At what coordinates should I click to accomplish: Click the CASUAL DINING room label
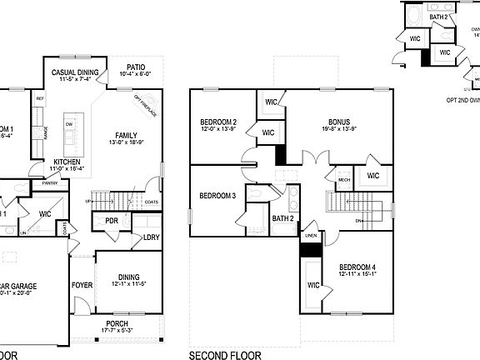(x=76, y=72)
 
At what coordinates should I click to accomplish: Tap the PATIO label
(x=137, y=67)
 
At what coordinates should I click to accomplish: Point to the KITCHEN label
(x=68, y=161)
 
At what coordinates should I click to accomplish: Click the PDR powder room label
(x=110, y=220)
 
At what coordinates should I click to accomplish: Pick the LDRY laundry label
(x=151, y=237)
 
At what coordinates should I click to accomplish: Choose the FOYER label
(x=82, y=284)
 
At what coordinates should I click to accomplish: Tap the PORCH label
(x=117, y=323)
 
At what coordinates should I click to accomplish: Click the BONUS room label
(x=337, y=121)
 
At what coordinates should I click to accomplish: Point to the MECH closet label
(x=343, y=178)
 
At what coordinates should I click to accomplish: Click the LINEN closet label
(x=309, y=236)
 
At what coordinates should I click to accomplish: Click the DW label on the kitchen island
(x=68, y=123)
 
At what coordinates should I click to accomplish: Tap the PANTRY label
(x=49, y=182)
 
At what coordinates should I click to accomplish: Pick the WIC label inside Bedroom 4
(x=313, y=285)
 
